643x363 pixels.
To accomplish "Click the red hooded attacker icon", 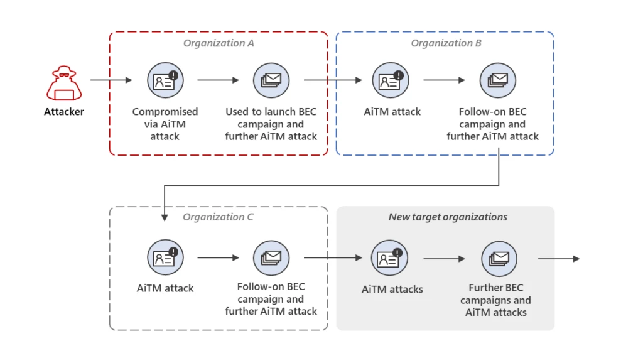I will point(63,84).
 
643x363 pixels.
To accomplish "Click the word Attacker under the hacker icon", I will point(63,112).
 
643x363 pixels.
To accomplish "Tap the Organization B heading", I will point(446,43).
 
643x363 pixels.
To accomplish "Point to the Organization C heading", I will point(218,217).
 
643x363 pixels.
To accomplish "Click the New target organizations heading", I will point(448,217).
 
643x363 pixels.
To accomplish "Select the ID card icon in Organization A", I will point(165,80).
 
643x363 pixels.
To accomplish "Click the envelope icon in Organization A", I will point(271,80).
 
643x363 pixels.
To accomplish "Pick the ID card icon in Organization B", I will point(390,80).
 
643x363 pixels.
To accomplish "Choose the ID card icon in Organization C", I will point(165,257).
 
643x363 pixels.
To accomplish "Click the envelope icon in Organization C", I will point(271,257).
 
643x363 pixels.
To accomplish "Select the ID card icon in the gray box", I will point(389,258).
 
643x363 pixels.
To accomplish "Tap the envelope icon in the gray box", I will point(499,258).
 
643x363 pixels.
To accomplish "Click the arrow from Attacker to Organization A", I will point(111,80).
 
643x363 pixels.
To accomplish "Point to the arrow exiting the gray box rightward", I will point(559,258).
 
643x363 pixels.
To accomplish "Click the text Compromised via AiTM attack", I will point(165,124).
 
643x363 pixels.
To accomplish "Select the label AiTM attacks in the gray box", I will point(392,290).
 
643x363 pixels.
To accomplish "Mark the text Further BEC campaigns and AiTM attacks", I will point(496,300).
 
